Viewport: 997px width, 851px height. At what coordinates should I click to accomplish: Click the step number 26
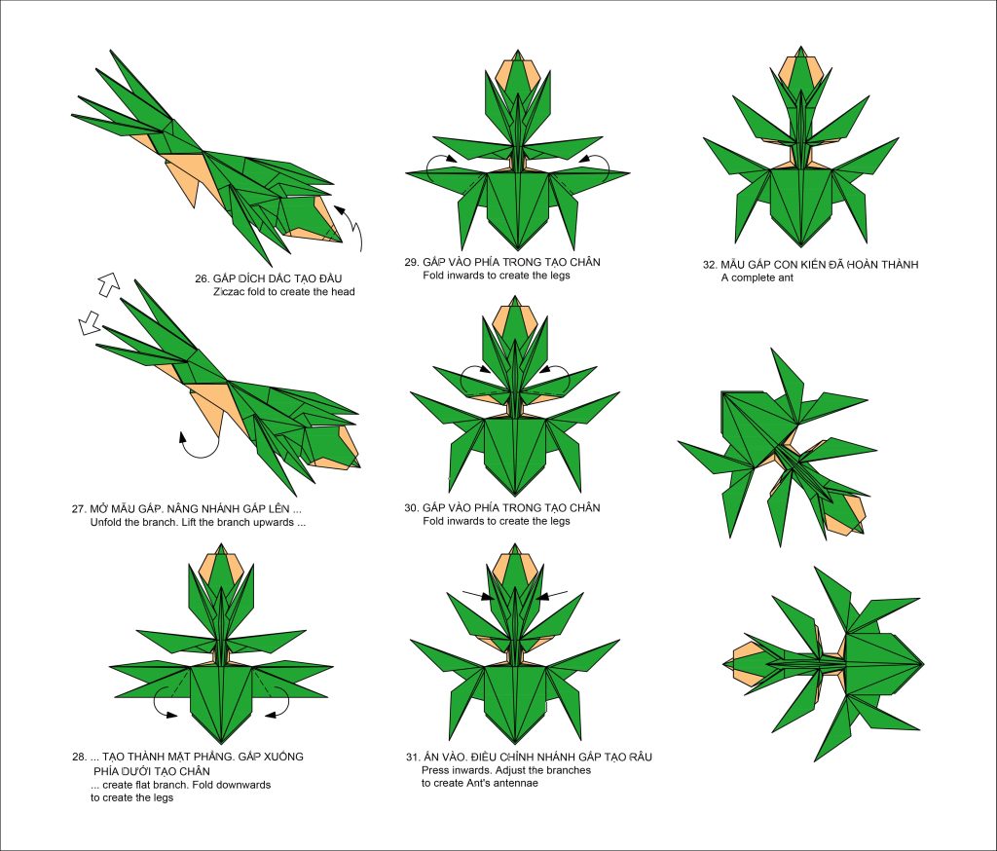tap(203, 278)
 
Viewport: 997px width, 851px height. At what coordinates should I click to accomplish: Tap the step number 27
tap(79, 509)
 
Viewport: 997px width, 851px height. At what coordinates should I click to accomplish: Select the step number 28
tap(79, 757)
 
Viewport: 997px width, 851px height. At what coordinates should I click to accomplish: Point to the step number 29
tap(412, 262)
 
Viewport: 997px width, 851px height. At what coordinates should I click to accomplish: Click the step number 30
tap(412, 507)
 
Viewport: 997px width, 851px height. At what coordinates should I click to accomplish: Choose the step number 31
tap(413, 757)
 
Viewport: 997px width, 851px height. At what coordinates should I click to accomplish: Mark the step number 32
tap(710, 265)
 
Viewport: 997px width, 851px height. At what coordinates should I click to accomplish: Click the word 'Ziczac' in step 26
tap(229, 292)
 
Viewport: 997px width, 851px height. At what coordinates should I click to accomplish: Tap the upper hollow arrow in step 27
tap(109, 283)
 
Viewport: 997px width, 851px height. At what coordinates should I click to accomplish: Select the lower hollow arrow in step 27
tap(89, 322)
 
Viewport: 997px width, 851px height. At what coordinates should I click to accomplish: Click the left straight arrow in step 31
tap(477, 595)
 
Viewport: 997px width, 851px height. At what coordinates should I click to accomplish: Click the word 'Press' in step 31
tap(435, 770)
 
